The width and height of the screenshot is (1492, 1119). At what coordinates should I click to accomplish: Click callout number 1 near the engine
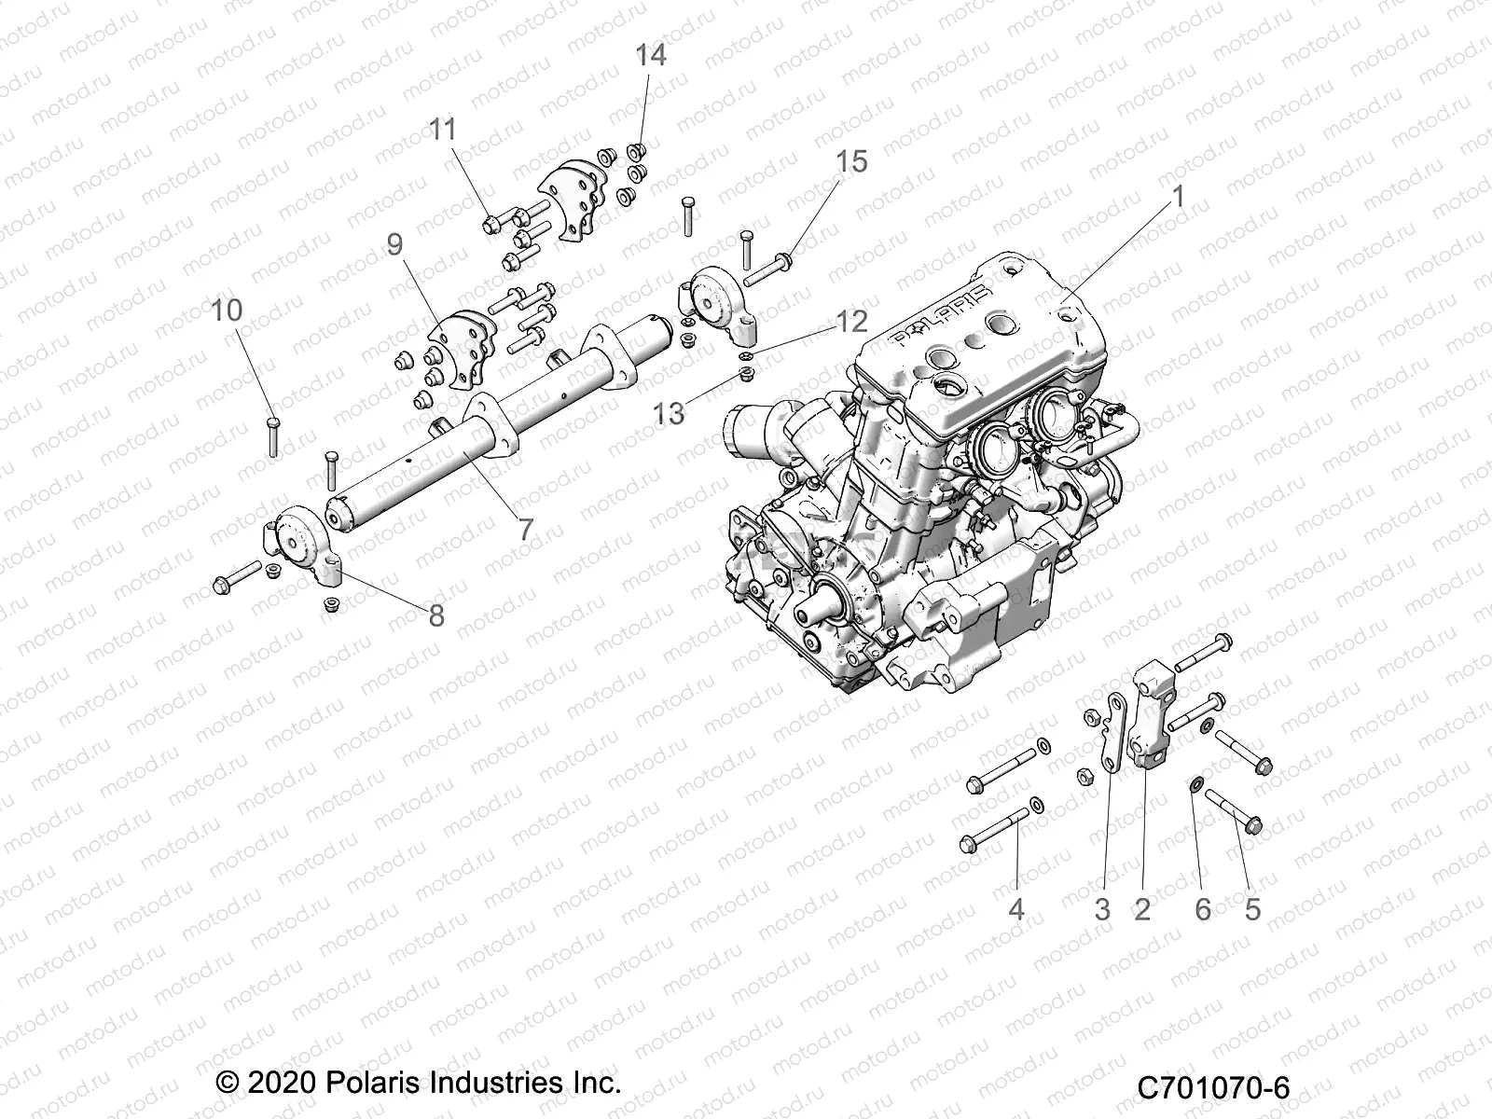coord(1178,197)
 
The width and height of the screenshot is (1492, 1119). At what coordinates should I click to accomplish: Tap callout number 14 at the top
coord(651,55)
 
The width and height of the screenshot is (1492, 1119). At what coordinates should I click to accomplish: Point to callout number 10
coord(227,310)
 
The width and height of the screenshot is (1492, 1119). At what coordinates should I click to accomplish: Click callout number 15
coord(850,161)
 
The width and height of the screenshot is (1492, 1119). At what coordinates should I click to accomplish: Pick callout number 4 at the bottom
coord(1016,908)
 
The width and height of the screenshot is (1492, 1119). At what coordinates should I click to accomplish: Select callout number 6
coord(1203,908)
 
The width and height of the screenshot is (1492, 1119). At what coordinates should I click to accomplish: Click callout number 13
coord(669,413)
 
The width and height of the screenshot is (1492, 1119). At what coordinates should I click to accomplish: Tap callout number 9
coord(394,245)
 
